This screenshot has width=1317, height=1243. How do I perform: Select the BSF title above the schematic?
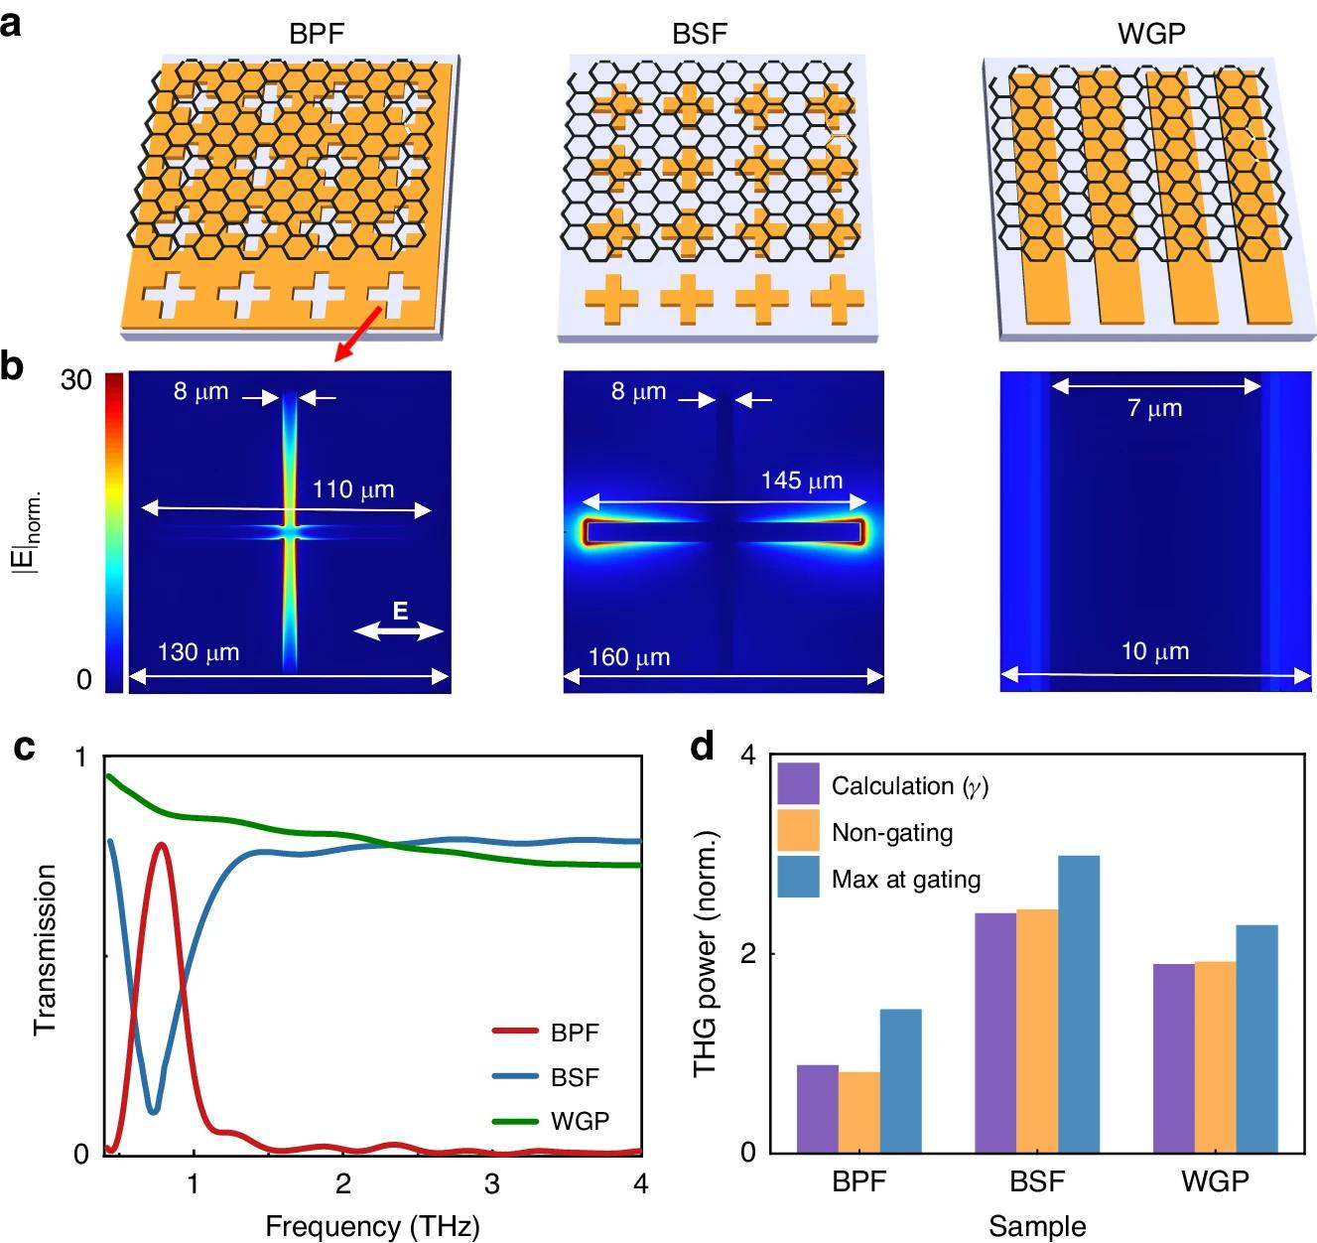point(699,34)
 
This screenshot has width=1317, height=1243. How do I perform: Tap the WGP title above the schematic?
point(1151,34)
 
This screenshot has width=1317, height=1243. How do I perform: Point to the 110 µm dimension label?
point(353,489)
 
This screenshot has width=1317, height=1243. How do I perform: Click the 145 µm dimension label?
point(802,482)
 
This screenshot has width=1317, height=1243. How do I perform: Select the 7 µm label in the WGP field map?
point(1155,408)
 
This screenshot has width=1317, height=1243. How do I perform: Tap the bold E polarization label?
point(400,612)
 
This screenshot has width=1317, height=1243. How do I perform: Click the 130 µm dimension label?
point(198,653)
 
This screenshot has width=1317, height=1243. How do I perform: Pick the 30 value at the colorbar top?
point(75,380)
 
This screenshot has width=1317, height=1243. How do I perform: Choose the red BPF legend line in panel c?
point(515,1032)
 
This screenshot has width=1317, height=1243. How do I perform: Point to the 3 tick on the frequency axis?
point(492,1183)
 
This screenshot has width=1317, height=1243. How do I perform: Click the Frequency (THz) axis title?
point(372,1227)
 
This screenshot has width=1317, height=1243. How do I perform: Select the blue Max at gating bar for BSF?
point(1078,1003)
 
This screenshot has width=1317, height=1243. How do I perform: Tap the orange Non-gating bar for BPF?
point(858,1112)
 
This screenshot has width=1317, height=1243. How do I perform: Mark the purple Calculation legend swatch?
point(798,784)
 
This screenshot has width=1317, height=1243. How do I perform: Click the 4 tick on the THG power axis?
point(748,757)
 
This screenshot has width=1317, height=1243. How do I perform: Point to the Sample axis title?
point(1037,1226)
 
